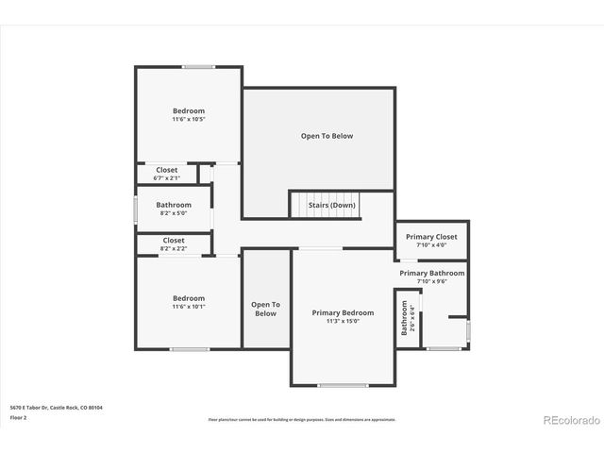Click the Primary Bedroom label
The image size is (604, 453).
coord(343,312)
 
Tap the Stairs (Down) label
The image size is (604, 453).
coord(331,205)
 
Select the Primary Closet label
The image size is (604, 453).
coord(431,237)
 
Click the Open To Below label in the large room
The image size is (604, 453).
coord(327,136)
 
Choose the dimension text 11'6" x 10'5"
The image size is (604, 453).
coord(189,120)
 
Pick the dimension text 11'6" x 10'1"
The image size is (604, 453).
coord(189,307)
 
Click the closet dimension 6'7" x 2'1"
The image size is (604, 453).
coord(167,177)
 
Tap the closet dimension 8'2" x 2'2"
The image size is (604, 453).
coord(174,249)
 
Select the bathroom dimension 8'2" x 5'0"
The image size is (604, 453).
coord(174,213)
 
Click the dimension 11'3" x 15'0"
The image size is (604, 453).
coord(343,322)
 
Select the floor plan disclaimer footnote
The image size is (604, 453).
coord(302,419)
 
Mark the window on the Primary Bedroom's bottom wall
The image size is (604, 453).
coord(343,385)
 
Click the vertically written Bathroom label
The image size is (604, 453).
coord(405,318)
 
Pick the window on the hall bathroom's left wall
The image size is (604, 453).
coord(136,209)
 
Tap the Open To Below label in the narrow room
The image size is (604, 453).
coord(265,309)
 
